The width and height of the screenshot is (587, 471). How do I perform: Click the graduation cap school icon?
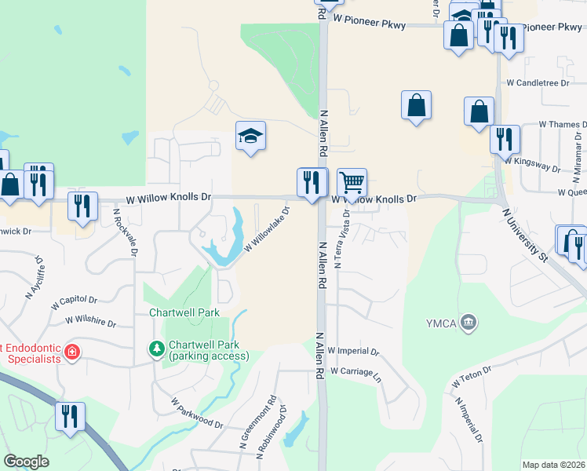(251, 137)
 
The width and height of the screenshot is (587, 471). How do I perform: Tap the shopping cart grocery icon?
(352, 183)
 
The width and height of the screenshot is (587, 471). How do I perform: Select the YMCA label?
(441, 321)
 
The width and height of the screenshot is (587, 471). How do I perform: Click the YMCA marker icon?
(469, 321)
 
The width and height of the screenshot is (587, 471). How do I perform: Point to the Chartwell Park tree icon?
(157, 347)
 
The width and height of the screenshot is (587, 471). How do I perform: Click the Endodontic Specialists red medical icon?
(71, 352)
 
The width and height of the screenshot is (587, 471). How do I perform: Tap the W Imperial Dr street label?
(353, 351)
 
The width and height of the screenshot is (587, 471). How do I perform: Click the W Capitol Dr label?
(75, 300)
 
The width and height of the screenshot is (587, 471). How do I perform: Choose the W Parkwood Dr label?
(197, 412)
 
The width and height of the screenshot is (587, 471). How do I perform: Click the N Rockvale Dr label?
(125, 232)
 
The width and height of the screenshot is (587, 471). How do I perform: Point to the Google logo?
(26, 462)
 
